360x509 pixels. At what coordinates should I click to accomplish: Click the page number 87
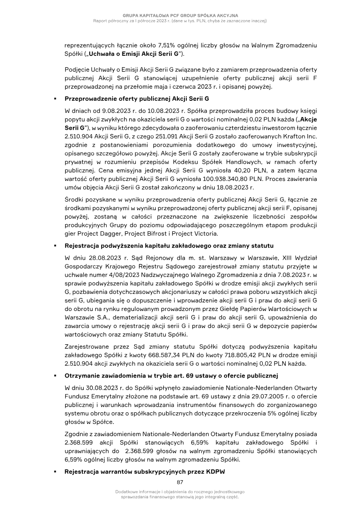(180, 482)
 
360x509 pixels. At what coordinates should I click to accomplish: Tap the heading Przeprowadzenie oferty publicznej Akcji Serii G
(137, 98)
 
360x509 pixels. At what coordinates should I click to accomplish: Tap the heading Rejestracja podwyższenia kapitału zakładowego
(169, 246)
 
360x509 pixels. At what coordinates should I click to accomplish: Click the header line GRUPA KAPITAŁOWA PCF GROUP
(180, 15)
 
